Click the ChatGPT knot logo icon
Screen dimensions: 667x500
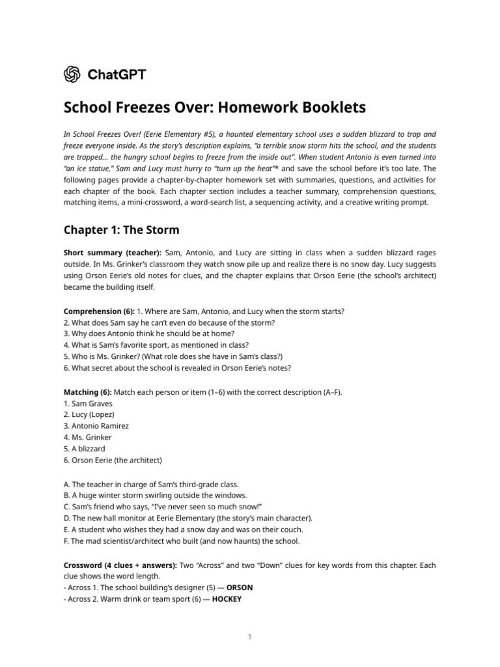tap(72, 74)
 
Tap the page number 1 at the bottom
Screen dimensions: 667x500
tap(249, 636)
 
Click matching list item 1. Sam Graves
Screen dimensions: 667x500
tap(88, 403)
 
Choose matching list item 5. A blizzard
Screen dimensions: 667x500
tap(85, 448)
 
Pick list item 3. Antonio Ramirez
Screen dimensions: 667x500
tap(96, 425)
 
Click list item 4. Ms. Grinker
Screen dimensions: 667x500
tap(88, 437)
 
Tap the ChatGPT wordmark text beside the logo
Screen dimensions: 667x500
tap(117, 74)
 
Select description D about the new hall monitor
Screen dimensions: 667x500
tap(187, 518)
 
